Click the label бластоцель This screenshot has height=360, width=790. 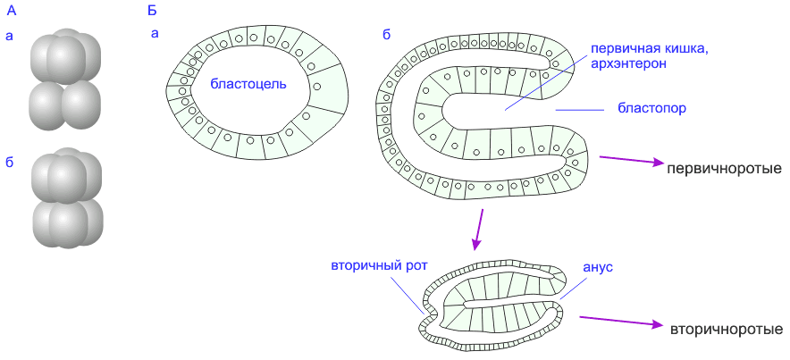click(248, 84)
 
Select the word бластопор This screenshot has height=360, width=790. click(651, 110)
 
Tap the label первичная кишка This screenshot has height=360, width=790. click(643, 50)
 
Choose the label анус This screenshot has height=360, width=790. click(597, 267)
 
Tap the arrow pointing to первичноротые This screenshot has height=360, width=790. click(629, 161)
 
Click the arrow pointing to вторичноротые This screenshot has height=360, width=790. click(620, 322)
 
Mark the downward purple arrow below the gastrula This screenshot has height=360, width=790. click(478, 229)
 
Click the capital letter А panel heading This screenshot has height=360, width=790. click(10, 11)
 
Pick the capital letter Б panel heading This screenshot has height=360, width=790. click(151, 11)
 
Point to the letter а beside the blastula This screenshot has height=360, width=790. click(155, 35)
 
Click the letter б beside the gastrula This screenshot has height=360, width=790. click(386, 35)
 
